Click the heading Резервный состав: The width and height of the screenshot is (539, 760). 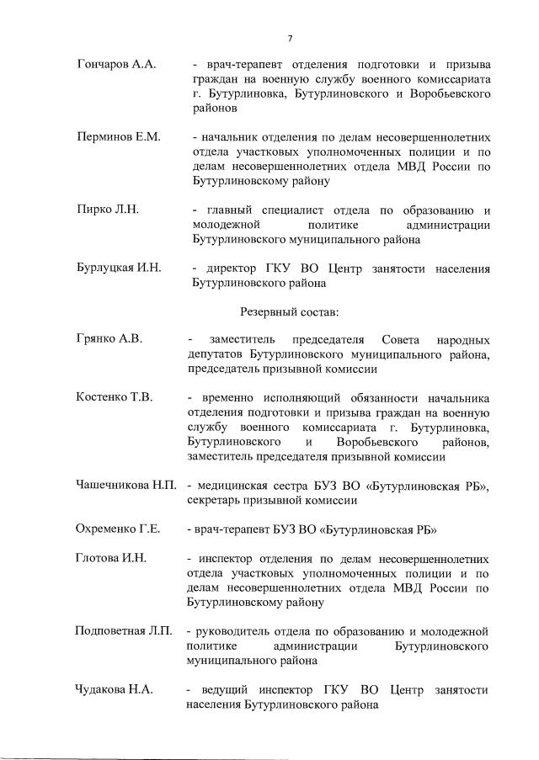[x=289, y=311]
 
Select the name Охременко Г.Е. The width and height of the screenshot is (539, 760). [x=118, y=529]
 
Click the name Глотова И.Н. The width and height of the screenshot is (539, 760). [x=111, y=558]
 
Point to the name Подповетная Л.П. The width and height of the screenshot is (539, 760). [x=124, y=631]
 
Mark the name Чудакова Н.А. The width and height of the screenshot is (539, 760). [x=114, y=690]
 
